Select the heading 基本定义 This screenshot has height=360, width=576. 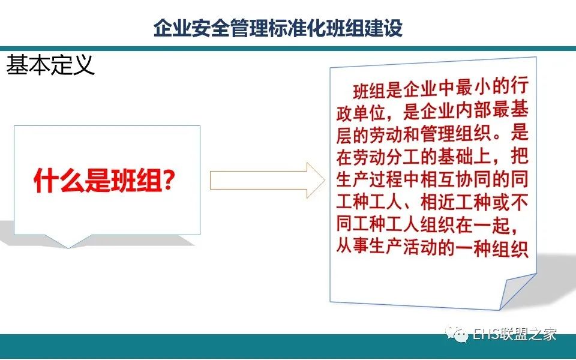point(50,65)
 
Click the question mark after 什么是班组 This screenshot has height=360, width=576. point(169,180)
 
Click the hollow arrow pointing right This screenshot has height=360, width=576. point(268,181)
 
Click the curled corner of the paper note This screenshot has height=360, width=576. point(516,291)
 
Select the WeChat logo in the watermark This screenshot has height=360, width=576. point(457,334)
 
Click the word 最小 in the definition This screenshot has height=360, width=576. point(474,88)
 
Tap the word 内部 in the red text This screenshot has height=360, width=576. point(474,110)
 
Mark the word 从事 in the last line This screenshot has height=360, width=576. point(353,248)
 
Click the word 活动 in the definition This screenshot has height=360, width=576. point(423,248)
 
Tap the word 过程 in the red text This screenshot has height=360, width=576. point(388,180)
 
